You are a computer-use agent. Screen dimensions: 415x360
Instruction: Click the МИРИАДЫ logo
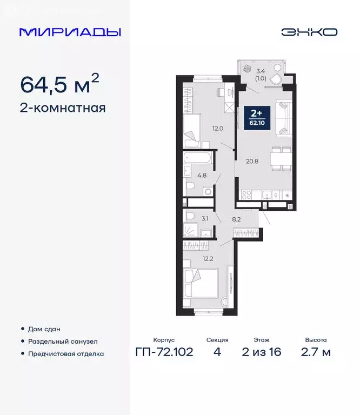[x=70, y=32]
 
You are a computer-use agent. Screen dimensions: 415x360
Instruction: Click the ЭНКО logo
[x=309, y=32]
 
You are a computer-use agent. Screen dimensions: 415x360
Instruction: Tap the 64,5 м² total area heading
[x=59, y=84]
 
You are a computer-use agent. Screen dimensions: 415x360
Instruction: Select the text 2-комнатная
[x=62, y=108]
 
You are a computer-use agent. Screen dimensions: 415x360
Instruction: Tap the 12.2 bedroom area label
[x=209, y=258]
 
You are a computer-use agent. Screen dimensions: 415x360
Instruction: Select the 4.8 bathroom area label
[x=202, y=175]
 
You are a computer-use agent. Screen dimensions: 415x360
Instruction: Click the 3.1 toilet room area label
[x=204, y=219]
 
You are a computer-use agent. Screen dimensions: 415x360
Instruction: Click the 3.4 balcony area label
[x=261, y=70]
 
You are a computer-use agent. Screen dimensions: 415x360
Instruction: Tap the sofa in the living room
[x=283, y=117]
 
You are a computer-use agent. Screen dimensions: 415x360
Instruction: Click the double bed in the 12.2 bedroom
[x=201, y=284]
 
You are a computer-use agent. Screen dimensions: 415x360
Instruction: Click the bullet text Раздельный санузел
[x=63, y=342]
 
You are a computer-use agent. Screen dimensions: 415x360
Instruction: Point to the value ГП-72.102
[x=164, y=353]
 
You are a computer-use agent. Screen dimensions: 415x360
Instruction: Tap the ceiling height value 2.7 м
[x=316, y=353]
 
